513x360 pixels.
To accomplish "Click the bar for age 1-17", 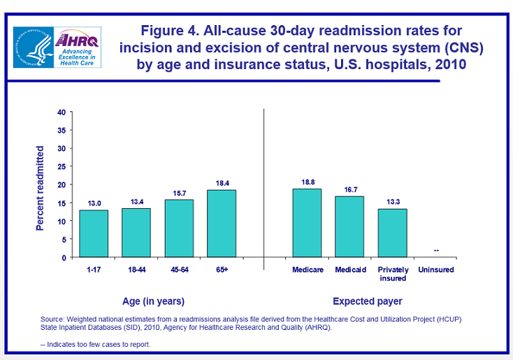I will coord(93,233).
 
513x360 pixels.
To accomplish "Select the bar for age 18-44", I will coord(136,233).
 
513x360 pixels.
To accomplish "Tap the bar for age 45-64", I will coord(179,229).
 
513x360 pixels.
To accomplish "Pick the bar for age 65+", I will coord(222,224).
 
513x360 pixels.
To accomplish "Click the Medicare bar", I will coord(307,223).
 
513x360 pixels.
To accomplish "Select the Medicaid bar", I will coord(349,226).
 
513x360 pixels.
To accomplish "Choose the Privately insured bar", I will coord(392,233).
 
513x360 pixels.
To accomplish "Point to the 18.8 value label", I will coord(307,180).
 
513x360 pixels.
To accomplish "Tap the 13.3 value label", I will coord(392,201).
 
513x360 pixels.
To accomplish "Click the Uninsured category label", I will coord(435,270).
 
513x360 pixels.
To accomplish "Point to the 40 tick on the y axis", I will coord(62,112).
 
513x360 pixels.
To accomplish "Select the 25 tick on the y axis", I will coord(62,166).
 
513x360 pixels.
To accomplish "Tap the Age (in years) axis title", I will coord(154,301).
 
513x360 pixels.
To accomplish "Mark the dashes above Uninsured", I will coord(436,250).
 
